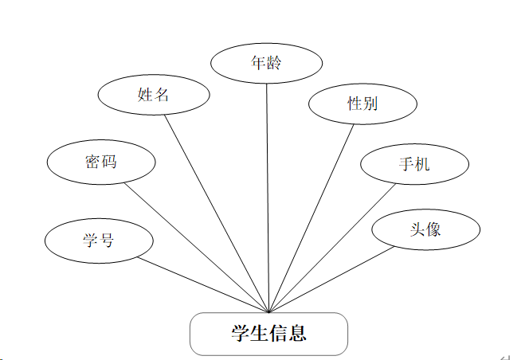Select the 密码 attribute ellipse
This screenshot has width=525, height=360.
[x=100, y=162]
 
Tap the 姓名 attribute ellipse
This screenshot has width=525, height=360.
[x=153, y=95]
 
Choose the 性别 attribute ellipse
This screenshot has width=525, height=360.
[x=362, y=104]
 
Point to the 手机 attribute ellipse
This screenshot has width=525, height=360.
[x=414, y=165]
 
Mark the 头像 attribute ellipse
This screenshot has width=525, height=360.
[x=425, y=230]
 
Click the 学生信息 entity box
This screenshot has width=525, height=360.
[x=268, y=334]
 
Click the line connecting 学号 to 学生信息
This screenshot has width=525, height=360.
[x=204, y=284]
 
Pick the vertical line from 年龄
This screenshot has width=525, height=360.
[x=268, y=199]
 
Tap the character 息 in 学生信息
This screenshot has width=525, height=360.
[x=297, y=334]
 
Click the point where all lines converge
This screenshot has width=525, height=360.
[x=269, y=312]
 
